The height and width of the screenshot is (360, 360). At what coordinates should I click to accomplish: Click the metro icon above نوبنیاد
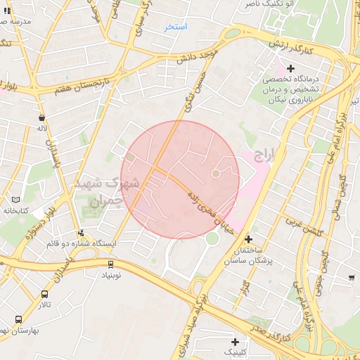[x=110, y=264]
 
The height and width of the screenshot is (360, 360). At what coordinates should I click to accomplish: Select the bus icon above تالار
[x=44, y=295]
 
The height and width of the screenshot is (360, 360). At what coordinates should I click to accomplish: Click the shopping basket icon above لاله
[x=42, y=118]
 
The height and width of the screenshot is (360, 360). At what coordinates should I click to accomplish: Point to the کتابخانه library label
[x=15, y=210]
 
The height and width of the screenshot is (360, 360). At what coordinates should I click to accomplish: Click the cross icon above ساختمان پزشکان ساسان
[x=248, y=239]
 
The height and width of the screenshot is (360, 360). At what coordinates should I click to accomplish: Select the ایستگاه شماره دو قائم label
[x=84, y=243]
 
